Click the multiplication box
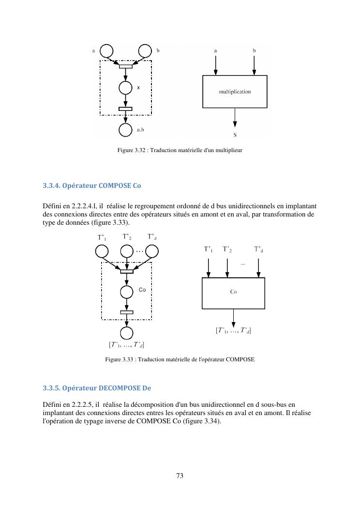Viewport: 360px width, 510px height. point(235,92)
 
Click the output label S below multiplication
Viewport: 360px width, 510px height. point(235,135)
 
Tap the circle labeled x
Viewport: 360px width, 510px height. point(126,88)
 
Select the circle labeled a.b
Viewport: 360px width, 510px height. point(126,130)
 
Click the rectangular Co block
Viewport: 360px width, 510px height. point(233,293)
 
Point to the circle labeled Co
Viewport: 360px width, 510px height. point(126,292)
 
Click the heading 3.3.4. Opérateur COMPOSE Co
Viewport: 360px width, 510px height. point(92,185)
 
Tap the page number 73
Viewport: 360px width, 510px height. point(180,476)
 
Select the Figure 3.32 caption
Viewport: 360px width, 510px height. point(180,150)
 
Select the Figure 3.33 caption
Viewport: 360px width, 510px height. point(180,359)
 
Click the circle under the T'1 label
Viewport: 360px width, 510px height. point(102,251)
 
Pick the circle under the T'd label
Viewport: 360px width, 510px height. point(152,251)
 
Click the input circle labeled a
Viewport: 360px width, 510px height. point(106,50)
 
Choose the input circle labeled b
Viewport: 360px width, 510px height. point(145,50)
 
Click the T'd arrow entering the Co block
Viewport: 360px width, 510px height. point(258,267)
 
